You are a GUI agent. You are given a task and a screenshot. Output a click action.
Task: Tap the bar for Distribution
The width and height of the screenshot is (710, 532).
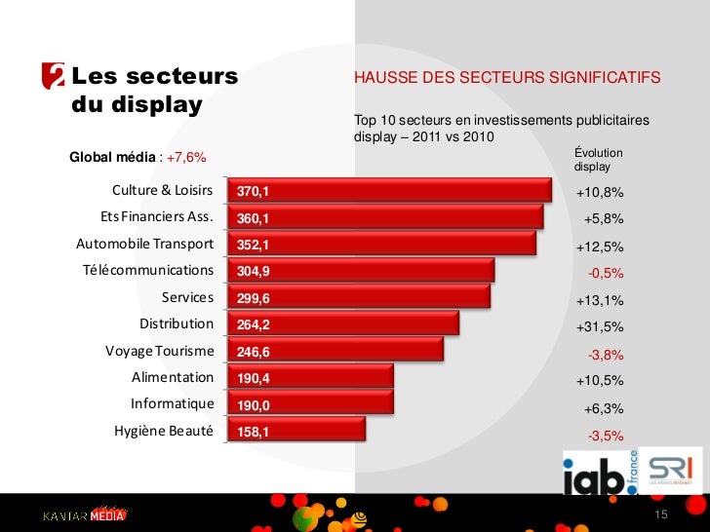coord(341,324)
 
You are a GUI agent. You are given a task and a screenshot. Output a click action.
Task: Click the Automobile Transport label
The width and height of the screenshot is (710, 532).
coord(144,244)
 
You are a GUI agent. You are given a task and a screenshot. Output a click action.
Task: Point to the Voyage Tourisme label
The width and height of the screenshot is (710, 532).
coord(159,351)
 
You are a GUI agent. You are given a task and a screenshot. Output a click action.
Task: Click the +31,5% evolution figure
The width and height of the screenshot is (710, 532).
coord(599,326)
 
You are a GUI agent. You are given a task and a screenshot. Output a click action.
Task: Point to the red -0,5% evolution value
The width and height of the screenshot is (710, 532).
coord(605,273)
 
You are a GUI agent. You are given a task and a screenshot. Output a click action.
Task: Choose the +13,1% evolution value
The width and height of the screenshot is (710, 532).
coord(599,300)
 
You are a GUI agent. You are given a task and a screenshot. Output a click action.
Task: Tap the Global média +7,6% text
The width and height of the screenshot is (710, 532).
coord(138,158)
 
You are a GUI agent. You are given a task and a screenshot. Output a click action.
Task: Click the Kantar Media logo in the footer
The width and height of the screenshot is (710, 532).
coord(84,515)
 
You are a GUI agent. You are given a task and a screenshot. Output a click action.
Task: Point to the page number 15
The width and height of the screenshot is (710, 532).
coord(660,514)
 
